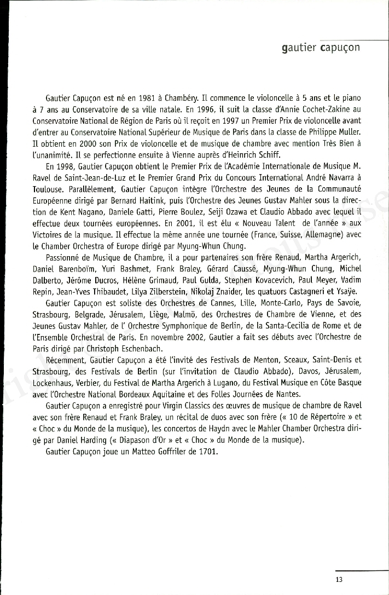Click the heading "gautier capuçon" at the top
[321, 48]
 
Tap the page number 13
[339, 580]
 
